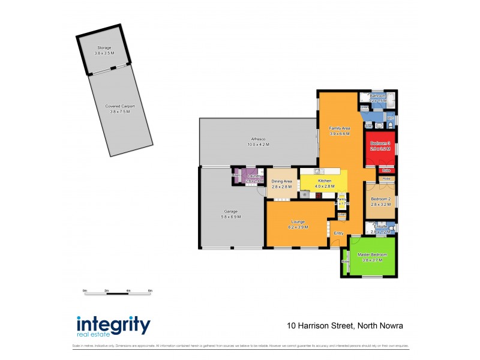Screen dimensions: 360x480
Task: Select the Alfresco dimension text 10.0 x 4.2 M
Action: (x=258, y=145)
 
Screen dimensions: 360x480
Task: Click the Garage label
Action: (x=231, y=211)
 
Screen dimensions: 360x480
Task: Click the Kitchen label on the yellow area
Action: (x=325, y=181)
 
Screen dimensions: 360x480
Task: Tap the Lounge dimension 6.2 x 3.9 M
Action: (x=298, y=227)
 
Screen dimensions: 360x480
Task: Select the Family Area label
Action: (x=340, y=128)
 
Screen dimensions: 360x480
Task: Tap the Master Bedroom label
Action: (x=373, y=254)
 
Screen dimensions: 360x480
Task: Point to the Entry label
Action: (x=338, y=233)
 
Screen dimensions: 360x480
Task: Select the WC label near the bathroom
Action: (x=390, y=119)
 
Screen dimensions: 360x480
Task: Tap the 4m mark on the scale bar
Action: (x=128, y=290)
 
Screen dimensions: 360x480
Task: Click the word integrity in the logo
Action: (x=113, y=325)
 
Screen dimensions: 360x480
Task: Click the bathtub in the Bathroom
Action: (x=391, y=98)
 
